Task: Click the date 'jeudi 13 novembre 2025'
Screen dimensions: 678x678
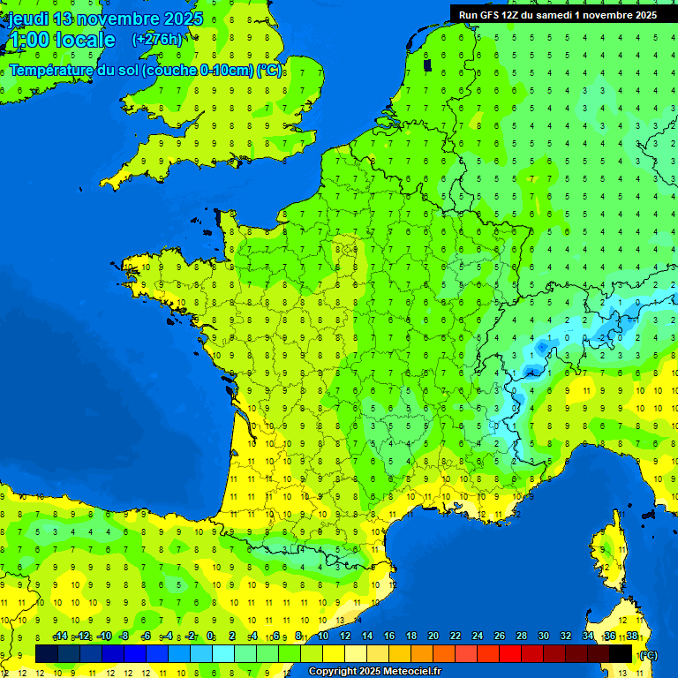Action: pos(106,19)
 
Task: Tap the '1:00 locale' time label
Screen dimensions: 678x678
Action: pos(61,40)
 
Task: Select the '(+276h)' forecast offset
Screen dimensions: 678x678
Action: pos(157,39)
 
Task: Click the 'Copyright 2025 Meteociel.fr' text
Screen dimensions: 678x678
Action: pos(374,672)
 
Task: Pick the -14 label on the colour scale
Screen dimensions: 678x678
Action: pos(60,637)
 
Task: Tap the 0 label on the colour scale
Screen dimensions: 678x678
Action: pos(210,637)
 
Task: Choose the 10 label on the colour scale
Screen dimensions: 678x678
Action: pos(322,637)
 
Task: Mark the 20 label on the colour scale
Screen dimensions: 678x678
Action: pos(433,637)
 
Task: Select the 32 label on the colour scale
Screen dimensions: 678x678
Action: pos(565,637)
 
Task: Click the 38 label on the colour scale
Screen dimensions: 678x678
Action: pos(631,637)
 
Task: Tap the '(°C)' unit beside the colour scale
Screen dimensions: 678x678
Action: pos(648,654)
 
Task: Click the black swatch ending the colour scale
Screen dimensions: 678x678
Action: pos(621,653)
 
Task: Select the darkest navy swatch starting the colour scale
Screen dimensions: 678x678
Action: pos(47,653)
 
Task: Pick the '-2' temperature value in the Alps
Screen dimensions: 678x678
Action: pos(600,337)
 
